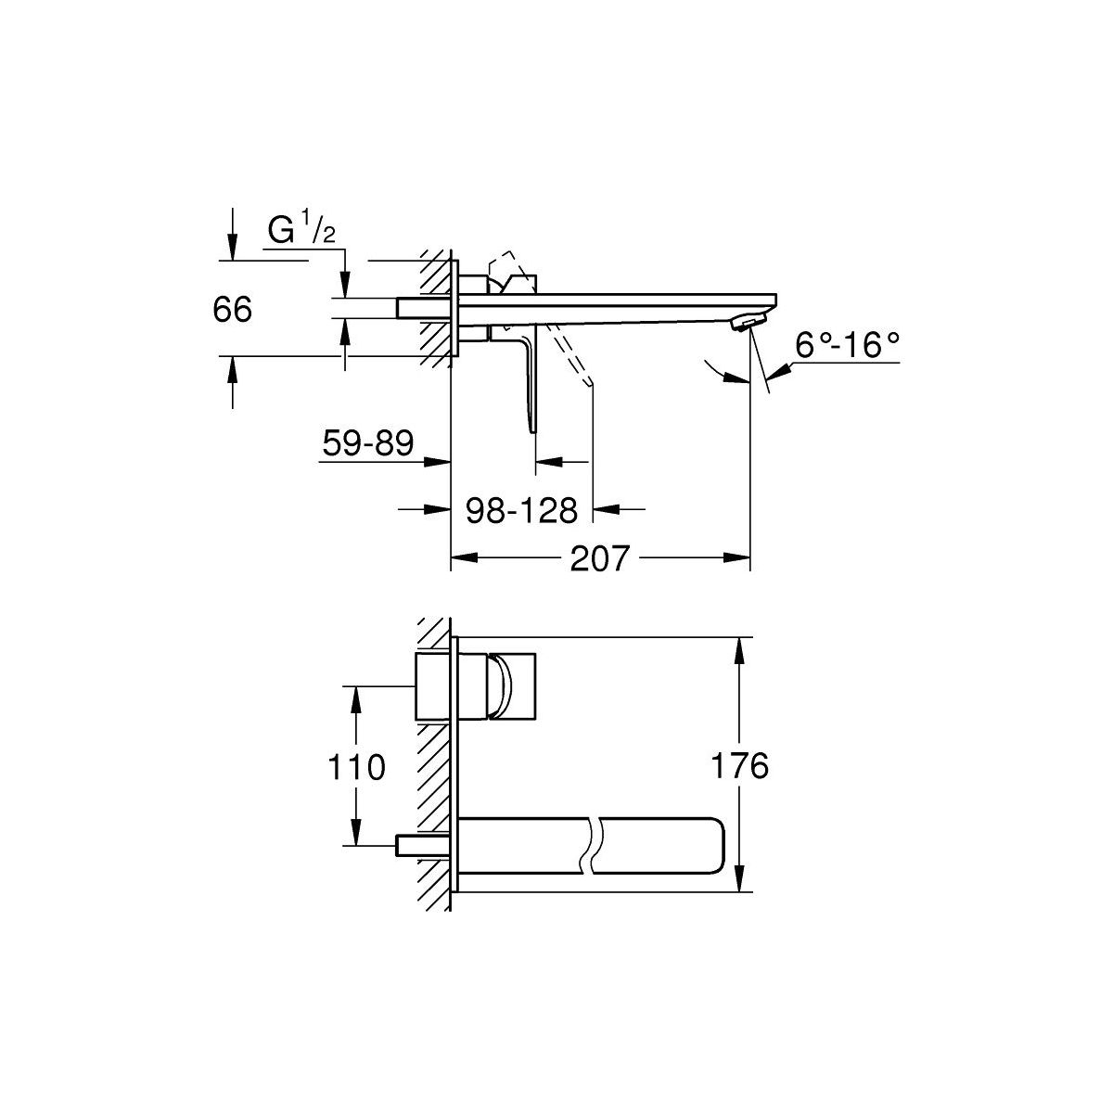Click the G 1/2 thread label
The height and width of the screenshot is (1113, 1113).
point(301,230)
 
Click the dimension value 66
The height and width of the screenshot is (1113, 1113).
point(232,310)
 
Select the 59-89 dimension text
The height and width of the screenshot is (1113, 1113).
point(368,443)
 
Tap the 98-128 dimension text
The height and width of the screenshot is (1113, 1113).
point(521,510)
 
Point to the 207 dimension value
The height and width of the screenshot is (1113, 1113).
point(599,558)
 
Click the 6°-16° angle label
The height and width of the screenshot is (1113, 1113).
point(847,345)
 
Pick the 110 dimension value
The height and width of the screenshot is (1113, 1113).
point(356,768)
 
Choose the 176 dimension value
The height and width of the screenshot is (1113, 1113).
point(740,766)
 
